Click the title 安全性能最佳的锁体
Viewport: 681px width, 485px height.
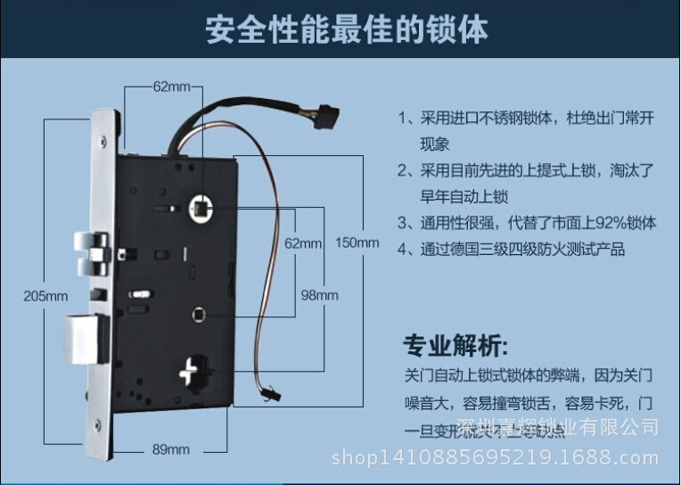click(x=348, y=30)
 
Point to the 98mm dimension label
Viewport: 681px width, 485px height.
click(x=318, y=295)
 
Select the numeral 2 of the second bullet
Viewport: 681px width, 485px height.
click(x=403, y=170)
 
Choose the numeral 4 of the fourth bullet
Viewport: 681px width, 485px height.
click(x=403, y=249)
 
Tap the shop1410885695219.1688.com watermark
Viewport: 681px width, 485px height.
click(x=496, y=458)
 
